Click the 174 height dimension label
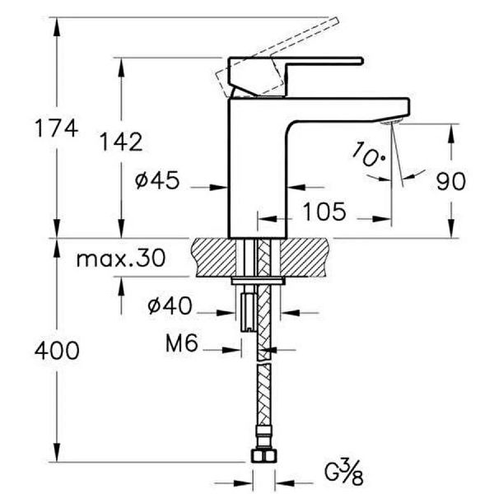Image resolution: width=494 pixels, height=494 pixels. click(x=57, y=128)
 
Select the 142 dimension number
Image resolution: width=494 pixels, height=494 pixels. click(x=120, y=142)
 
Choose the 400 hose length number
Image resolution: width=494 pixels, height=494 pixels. click(x=57, y=351)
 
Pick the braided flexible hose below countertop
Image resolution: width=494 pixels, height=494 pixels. click(x=263, y=370)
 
